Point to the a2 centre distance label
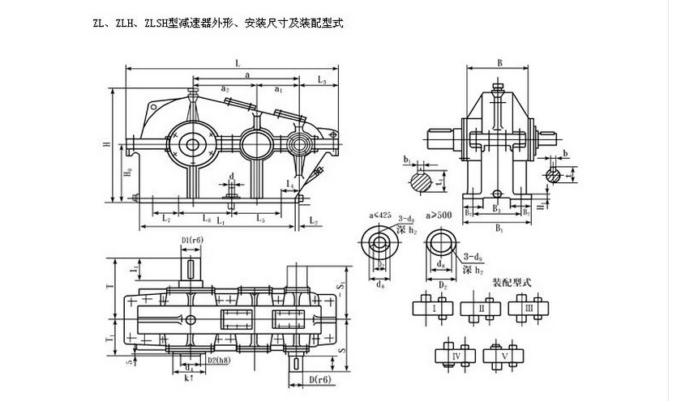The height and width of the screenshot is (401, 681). click(x=225, y=87)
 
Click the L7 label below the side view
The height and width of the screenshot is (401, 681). click(x=165, y=217)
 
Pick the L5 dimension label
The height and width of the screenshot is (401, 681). click(x=260, y=217)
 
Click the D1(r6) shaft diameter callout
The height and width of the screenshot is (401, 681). click(x=192, y=239)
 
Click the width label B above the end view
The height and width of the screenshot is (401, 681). click(x=500, y=62)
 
